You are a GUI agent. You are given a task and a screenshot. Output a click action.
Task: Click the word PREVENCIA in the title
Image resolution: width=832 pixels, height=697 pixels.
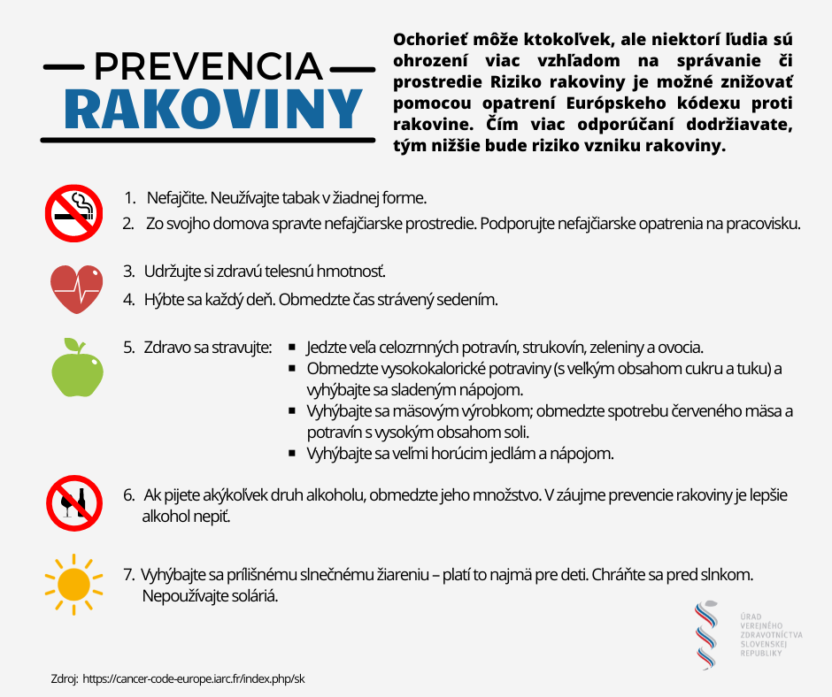tap(207, 66)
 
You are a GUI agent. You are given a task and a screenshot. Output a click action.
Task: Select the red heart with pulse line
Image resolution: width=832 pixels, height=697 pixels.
tap(74, 287)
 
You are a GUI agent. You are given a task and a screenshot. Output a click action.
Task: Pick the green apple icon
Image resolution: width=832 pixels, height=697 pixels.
tap(74, 367)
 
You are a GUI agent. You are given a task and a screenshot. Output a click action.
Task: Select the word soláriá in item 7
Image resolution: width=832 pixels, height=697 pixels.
tap(255, 596)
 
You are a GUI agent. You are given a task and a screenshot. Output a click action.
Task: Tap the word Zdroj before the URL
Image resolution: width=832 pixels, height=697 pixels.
tap(65, 679)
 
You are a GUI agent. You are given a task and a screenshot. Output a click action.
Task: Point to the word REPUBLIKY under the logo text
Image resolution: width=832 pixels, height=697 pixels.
tap(760, 652)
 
